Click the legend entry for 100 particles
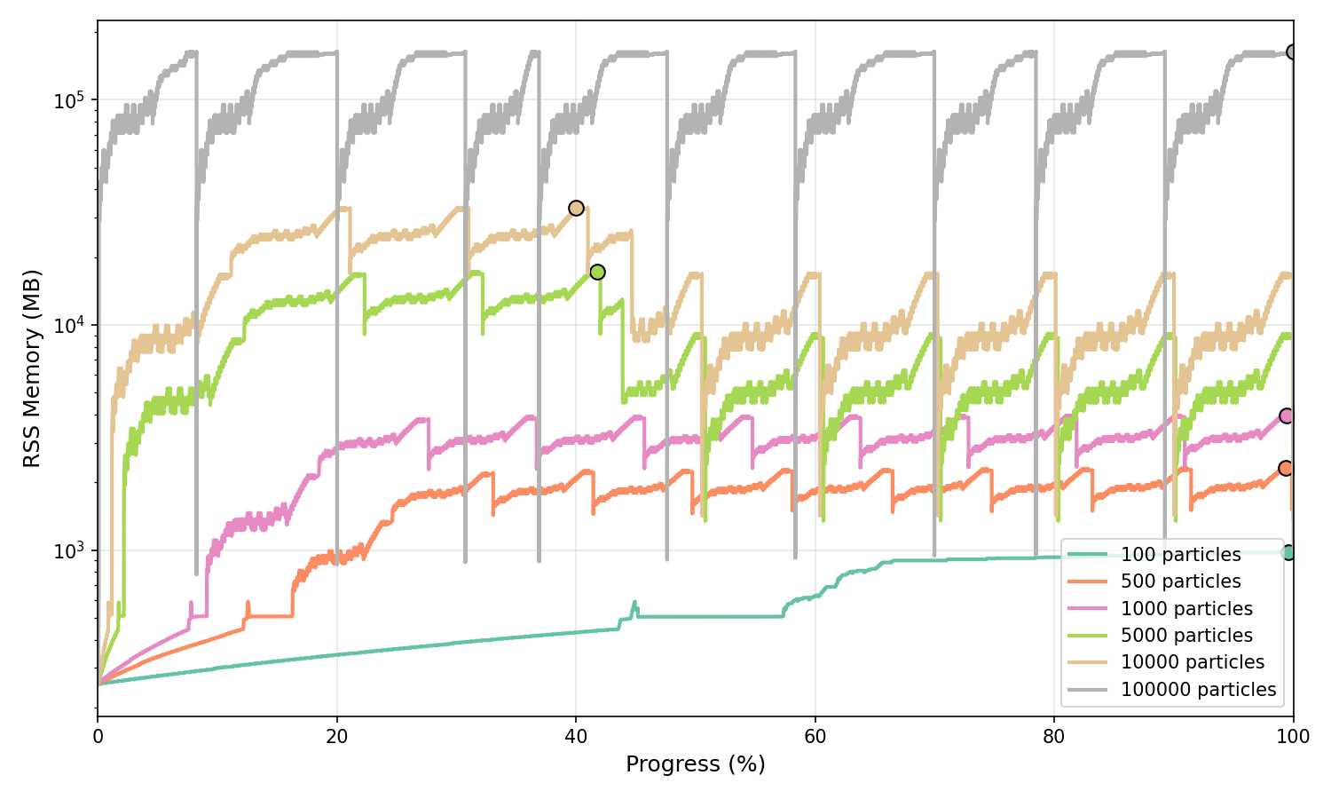[1180, 555]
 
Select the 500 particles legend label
[1180, 581]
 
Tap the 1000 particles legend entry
[1186, 609]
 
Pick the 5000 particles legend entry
[1186, 636]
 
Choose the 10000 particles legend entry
[1192, 662]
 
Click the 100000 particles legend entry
[1198, 690]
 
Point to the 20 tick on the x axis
[336, 736]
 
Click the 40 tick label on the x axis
[576, 736]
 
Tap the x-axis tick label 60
[815, 736]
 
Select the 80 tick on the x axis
[1054, 736]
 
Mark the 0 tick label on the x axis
[98, 736]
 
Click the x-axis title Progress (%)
[695, 764]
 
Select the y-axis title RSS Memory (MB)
[32, 368]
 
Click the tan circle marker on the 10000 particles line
[576, 208]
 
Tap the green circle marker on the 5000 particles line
[597, 272]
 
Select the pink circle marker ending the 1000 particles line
[1286, 415]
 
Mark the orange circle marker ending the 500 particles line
[1285, 468]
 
